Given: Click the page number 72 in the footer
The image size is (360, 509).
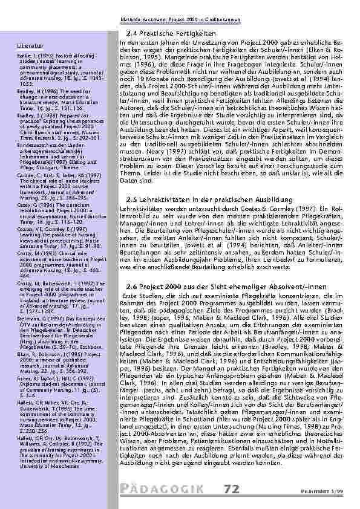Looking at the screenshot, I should (232, 488).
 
